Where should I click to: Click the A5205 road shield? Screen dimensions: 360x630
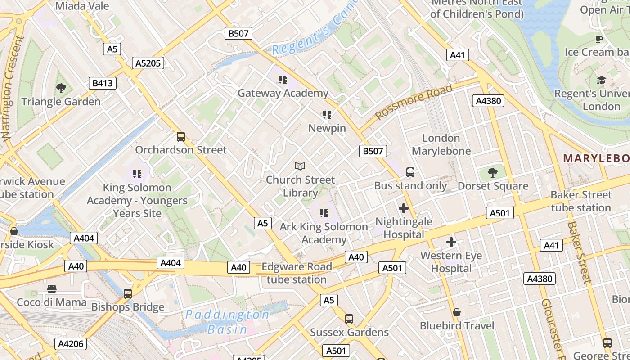tap(148, 63)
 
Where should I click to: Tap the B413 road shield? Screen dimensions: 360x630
tap(102, 83)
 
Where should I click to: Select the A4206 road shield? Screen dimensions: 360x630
tap(71, 344)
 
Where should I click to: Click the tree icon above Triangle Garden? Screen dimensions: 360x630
tap(61, 88)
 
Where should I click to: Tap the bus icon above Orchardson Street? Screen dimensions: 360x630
tap(181, 136)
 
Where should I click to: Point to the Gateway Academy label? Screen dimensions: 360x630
tap(283, 93)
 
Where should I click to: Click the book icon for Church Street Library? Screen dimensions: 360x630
tap(300, 166)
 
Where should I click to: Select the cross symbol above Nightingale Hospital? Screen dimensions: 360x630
tap(404, 208)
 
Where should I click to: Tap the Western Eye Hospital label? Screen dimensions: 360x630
tap(451, 262)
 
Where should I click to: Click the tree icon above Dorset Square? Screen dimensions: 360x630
tap(493, 172)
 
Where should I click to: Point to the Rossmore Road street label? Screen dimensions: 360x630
tap(414, 102)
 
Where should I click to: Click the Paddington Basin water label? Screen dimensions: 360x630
tap(228, 322)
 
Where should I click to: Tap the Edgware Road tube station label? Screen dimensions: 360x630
tap(297, 273)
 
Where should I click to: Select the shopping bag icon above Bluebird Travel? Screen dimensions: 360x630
tap(457, 312)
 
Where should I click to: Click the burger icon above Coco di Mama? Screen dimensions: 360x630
tap(52, 288)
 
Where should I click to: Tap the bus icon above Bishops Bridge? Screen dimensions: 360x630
tap(128, 294)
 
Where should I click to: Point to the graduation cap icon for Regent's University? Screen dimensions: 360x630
tap(601, 81)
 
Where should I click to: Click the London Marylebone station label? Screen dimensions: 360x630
tap(441, 144)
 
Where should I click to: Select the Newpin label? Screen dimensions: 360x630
tap(327, 128)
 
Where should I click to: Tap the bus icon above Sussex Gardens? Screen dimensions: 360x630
tap(349, 319)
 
